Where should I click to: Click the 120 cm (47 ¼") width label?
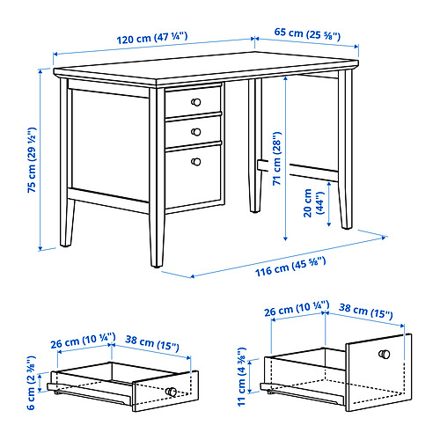[152, 38]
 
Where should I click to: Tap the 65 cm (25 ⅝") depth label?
[307, 33]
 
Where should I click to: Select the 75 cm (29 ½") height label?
[32, 160]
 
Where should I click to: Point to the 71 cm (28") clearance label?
[276, 158]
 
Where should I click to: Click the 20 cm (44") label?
[314, 203]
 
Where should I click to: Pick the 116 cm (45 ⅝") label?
[290, 267]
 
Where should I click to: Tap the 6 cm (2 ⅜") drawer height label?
[31, 383]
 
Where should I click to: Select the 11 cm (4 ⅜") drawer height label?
[241, 378]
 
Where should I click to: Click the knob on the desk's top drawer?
[195, 102]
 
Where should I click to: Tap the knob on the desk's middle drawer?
[196, 132]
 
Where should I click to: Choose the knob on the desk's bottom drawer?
[196, 162]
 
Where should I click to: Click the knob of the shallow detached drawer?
[171, 392]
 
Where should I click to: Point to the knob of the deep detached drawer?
[385, 354]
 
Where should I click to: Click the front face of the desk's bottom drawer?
[193, 177]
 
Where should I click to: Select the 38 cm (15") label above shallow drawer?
[152, 342]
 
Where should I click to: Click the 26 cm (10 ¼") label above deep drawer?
[297, 309]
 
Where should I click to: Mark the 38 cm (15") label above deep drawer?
[366, 312]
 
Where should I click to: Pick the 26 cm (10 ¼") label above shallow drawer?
[83, 341]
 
